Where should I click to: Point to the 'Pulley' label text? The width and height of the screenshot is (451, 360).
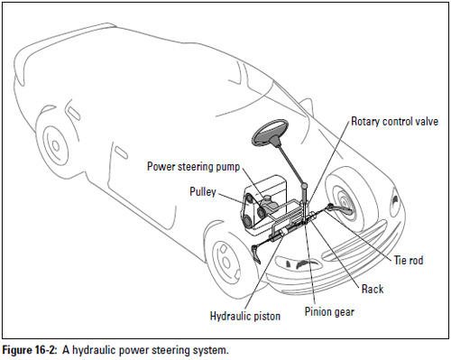tap(202, 191)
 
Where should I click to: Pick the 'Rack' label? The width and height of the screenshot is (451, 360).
tap(373, 289)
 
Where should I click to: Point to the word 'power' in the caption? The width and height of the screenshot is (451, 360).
tap(133, 349)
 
